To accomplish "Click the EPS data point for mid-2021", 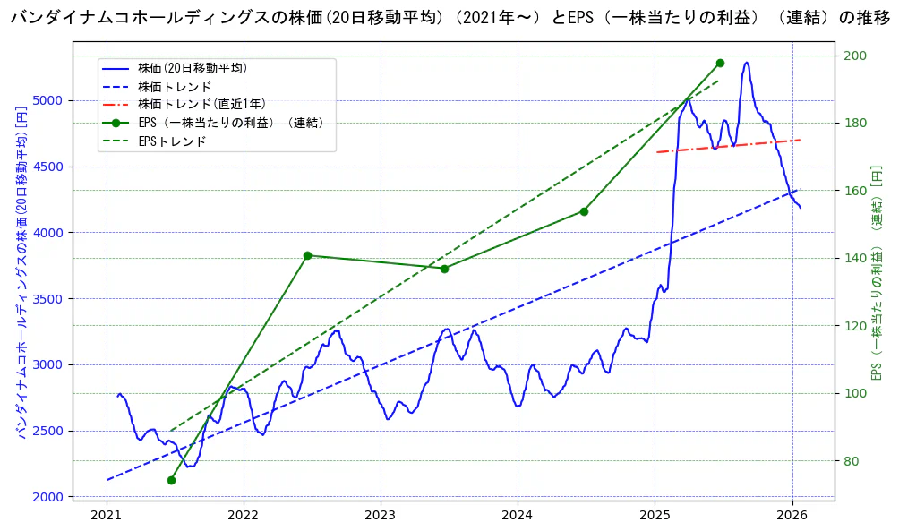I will (171, 480).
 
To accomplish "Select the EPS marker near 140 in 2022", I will (307, 255).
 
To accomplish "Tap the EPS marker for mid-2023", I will (444, 268).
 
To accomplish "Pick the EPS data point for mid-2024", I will (584, 211).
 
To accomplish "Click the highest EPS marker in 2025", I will (720, 63).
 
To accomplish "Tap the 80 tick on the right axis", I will (851, 461).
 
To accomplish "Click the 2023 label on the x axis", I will (381, 515).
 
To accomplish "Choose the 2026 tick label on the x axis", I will (792, 515).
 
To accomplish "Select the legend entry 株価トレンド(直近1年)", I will (201, 104).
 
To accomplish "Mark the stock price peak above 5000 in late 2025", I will (746, 63).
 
